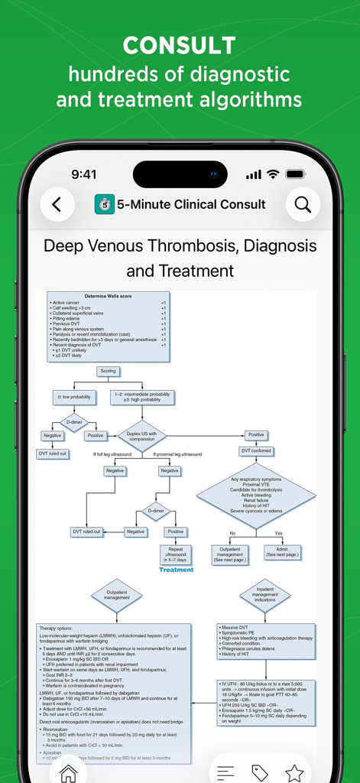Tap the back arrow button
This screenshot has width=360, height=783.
click(x=57, y=204)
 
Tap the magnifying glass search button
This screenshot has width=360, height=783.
click(x=303, y=204)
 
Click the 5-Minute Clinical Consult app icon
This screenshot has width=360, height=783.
click(x=105, y=204)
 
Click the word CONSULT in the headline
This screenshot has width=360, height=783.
click(x=180, y=46)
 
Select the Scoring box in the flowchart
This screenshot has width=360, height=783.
click(x=108, y=371)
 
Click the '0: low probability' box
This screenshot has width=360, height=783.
click(x=74, y=397)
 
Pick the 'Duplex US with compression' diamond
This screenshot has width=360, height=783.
click(x=141, y=436)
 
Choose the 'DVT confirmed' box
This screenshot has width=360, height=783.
click(x=256, y=450)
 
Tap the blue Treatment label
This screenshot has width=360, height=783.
click(x=176, y=570)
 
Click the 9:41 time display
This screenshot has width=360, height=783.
click(x=83, y=174)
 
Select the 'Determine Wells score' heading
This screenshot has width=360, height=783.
click(x=107, y=296)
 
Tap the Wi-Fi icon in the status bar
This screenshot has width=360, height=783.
click(x=272, y=174)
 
